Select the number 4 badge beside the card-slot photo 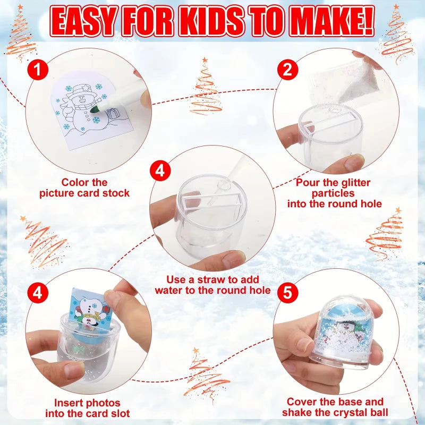coord(38,293)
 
